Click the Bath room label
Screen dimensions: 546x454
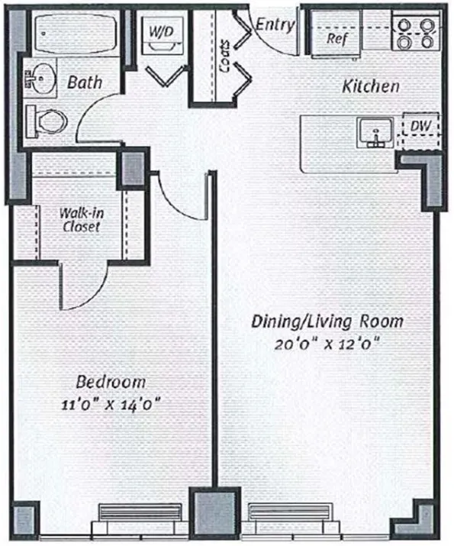point(85,81)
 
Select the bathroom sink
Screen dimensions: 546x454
point(42,77)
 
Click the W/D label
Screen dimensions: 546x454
point(161,32)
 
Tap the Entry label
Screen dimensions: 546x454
point(275,25)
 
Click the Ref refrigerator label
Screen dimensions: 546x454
point(337,37)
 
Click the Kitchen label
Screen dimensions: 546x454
point(370,86)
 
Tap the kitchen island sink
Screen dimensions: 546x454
point(375,133)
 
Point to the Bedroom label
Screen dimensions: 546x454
point(111,382)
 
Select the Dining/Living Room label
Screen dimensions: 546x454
point(327,321)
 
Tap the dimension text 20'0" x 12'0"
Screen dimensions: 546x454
point(327,343)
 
